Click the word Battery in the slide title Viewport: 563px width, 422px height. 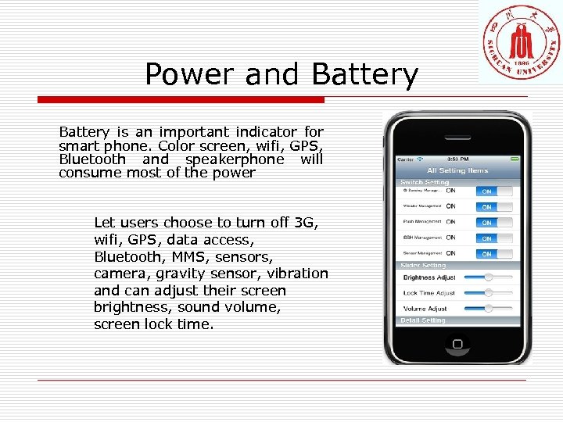coord(364,75)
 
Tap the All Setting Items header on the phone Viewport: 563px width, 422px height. coord(457,170)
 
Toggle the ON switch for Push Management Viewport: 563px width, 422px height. coord(486,223)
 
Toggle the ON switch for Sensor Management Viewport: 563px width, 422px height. coord(486,254)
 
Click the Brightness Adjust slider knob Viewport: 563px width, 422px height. coord(489,277)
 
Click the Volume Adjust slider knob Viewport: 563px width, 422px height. coord(489,308)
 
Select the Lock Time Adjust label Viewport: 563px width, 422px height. coord(429,293)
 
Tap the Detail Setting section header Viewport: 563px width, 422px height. coord(423,320)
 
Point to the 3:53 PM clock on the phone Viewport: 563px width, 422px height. coord(458,159)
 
